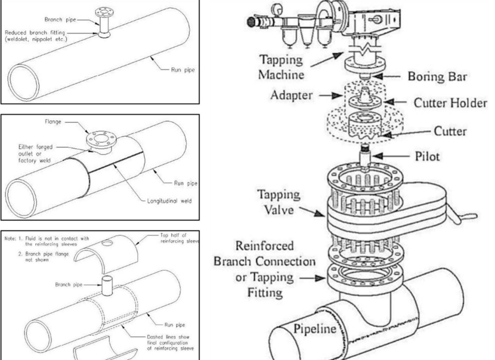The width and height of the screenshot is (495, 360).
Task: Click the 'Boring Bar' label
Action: pyautogui.click(x=437, y=76)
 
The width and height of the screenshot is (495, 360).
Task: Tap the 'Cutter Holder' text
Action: pyautogui.click(x=451, y=103)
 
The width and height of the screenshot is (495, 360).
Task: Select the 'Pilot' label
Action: pyautogui.click(x=427, y=156)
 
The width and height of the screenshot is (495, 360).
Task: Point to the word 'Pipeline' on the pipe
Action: pyautogui.click(x=315, y=329)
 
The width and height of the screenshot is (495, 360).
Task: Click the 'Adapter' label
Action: pyautogui.click(x=291, y=95)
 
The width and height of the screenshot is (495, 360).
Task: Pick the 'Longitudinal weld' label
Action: pyautogui.click(x=169, y=201)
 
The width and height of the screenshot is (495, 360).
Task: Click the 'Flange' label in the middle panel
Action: pyautogui.click(x=53, y=121)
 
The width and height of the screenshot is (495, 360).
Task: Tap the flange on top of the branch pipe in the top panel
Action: pyautogui.click(x=104, y=13)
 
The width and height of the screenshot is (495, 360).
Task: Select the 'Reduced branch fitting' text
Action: pyautogui.click(x=35, y=32)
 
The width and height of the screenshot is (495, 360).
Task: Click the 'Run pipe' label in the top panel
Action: pyautogui.click(x=183, y=70)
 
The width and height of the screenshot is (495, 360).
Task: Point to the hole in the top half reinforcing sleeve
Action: pyautogui.click(x=108, y=243)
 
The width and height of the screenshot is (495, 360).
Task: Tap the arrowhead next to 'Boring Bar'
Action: pyautogui.click(x=378, y=76)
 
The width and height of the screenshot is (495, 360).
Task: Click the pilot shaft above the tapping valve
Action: pyautogui.click(x=364, y=157)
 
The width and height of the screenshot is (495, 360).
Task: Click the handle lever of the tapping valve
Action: pyautogui.click(x=464, y=217)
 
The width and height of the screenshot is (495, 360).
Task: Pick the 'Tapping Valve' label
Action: pyautogui.click(x=278, y=202)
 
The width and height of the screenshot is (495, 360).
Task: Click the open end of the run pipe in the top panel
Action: pyautogui.click(x=23, y=81)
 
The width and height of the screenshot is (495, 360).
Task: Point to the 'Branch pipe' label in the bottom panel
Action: pyautogui.click(x=69, y=285)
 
